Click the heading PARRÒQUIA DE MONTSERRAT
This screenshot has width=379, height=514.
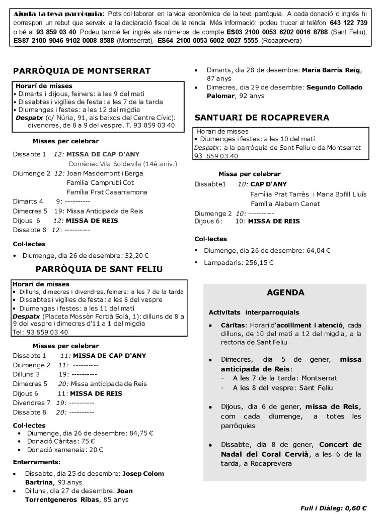(x=82, y=71)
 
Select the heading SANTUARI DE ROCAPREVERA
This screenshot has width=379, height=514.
(x=262, y=118)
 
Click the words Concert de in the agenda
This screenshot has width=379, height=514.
(x=340, y=445)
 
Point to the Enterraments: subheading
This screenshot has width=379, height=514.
(x=37, y=462)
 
